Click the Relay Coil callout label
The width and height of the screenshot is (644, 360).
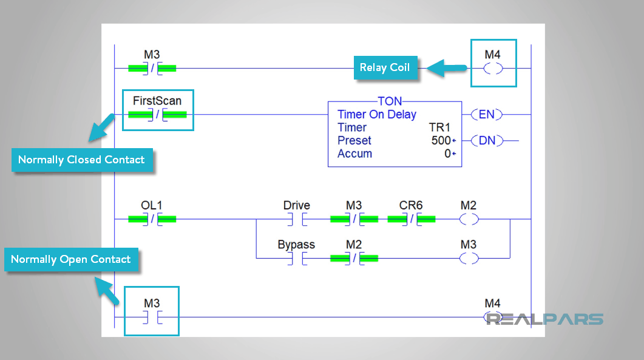click(385, 68)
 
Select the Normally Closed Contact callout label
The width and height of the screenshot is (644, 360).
click(81, 160)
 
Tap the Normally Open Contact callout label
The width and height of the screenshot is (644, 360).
click(71, 260)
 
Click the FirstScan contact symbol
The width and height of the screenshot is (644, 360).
click(157, 114)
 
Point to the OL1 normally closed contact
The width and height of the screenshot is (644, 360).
click(152, 219)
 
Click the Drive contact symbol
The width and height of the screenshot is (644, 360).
click(297, 219)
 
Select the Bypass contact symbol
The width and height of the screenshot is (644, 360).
click(297, 258)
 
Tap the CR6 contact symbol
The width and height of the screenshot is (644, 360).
click(411, 219)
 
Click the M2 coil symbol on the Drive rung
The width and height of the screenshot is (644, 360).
click(469, 219)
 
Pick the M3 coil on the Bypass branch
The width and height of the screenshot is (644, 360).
click(469, 258)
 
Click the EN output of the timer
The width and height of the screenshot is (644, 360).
click(487, 114)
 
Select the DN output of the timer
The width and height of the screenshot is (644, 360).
click(487, 141)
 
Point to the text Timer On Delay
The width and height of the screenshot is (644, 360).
click(376, 114)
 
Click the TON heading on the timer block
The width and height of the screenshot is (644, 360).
click(390, 101)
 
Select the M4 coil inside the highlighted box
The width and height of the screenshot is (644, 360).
click(493, 69)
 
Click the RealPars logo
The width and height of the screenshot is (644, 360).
click(544, 319)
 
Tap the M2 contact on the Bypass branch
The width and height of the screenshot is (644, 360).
click(354, 258)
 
